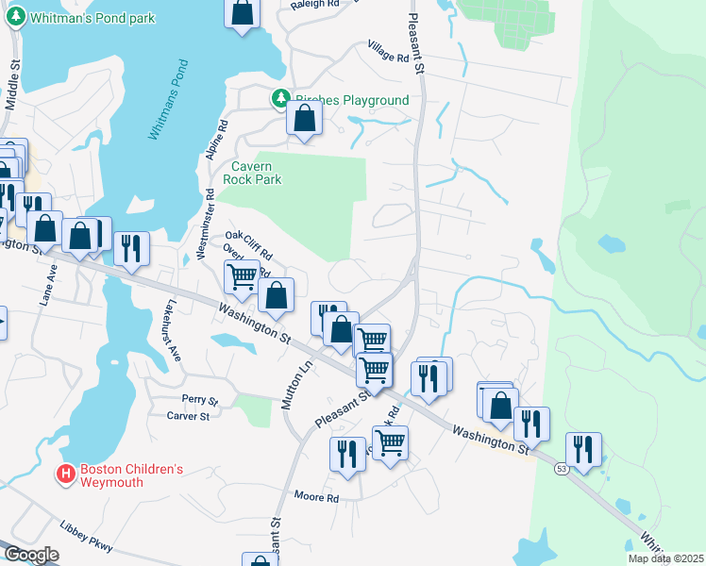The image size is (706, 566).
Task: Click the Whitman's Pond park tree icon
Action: click(16, 18)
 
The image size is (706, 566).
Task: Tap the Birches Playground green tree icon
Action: click(280, 98)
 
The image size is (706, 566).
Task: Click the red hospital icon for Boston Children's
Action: click(65, 474)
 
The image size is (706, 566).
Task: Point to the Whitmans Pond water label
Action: click(168, 100)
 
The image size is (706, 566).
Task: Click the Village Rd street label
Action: click(389, 52)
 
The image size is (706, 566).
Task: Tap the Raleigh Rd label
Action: click(314, 5)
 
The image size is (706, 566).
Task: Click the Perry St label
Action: click(200, 400)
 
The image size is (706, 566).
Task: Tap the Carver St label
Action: click(192, 416)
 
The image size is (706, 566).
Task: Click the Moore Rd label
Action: click(316, 496)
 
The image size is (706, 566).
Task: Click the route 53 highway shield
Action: click(561, 470)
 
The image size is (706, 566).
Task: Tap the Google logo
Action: click(32, 555)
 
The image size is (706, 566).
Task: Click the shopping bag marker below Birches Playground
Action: click(304, 120)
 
